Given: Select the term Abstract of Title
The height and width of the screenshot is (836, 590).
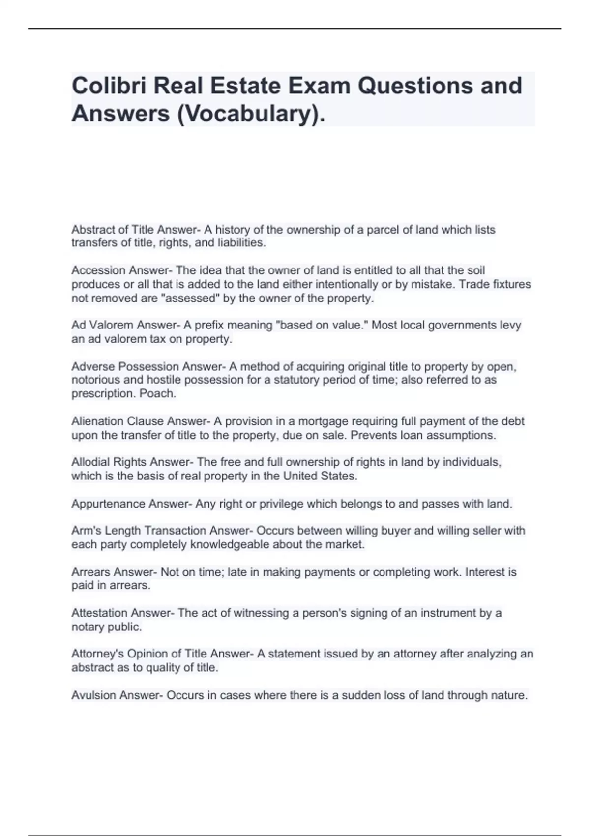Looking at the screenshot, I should tap(113, 230).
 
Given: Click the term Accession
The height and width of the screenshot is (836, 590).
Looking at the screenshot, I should tap(98, 270).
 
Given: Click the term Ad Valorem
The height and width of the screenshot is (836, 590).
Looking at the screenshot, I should tap(102, 325).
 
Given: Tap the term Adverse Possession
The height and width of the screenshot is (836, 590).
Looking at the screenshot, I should tap(125, 366).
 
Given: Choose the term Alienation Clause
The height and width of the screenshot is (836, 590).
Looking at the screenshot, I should tap(118, 421).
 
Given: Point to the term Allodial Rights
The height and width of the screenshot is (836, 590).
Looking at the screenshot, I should tap(109, 462).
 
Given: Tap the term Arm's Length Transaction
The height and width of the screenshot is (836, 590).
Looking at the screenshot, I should tap(139, 531).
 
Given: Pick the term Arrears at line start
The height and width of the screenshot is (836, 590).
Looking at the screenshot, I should tap(90, 572).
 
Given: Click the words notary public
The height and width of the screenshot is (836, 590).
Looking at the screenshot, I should tap(106, 627).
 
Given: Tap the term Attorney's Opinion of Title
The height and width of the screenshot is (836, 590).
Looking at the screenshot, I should tap(140, 654).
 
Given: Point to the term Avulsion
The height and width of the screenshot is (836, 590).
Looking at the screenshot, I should tap(93, 695).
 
